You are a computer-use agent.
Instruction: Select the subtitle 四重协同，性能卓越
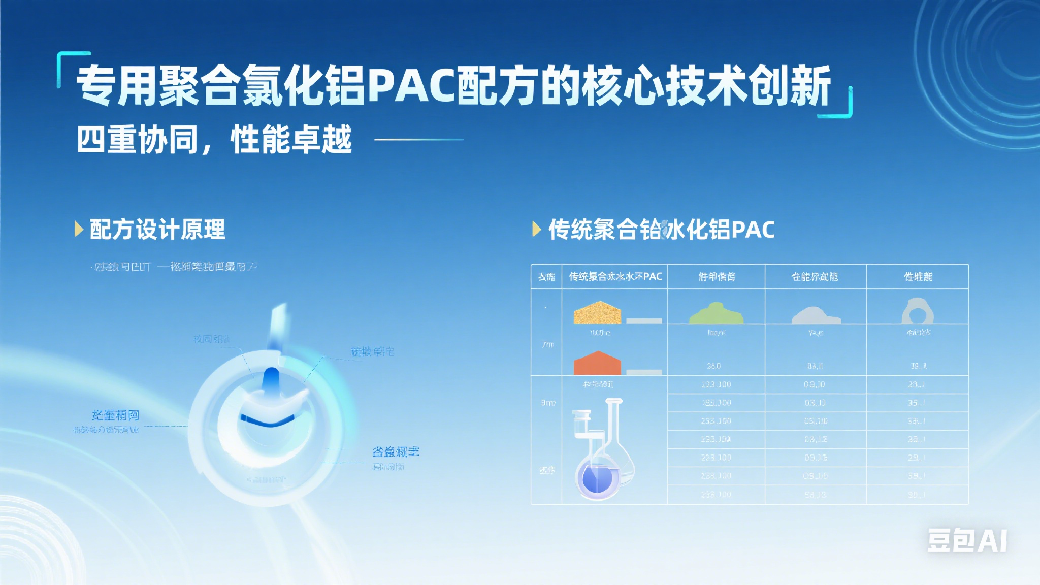pos(214,140)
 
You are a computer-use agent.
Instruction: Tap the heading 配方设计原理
pos(157,230)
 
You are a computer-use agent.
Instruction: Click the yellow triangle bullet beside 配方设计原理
pos(78,229)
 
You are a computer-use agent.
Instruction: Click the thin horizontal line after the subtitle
pos(419,139)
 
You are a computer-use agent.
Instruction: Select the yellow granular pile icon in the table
pos(597,313)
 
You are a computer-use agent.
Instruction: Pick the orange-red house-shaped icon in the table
pos(597,363)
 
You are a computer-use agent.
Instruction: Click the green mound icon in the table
pos(716,314)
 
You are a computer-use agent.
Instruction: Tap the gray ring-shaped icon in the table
pos(917,311)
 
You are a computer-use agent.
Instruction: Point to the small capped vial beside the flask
pos(581,424)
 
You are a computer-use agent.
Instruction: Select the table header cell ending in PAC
pos(615,277)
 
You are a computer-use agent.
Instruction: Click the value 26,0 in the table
pos(713,366)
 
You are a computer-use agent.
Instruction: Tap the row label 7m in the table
pos(547,345)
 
